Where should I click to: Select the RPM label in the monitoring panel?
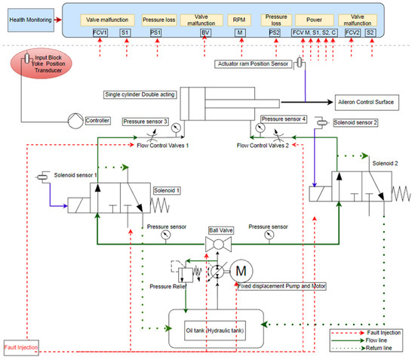point(241,19)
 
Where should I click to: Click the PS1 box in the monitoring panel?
point(156,33)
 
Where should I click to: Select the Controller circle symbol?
point(74,120)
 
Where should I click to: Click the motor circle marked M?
point(241,270)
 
